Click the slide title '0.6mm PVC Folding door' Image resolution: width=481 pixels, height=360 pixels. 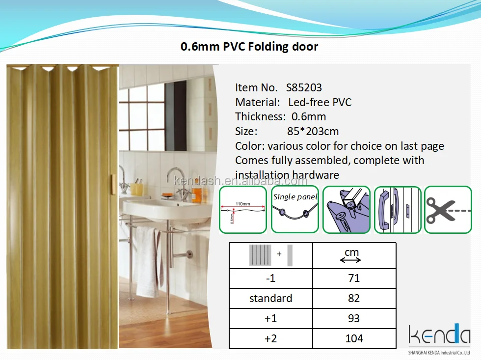click(249, 47)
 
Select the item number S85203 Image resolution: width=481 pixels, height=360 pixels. click(304, 88)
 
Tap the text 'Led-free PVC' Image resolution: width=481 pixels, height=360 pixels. click(320, 103)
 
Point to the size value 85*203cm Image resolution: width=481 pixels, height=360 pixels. click(313, 132)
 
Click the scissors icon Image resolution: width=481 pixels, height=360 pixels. click(447, 209)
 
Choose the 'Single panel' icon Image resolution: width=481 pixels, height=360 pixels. click(295, 209)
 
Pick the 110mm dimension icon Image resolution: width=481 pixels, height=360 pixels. click(242, 209)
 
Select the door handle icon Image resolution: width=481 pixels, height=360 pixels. click(398, 209)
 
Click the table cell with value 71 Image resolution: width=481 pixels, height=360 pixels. click(354, 278)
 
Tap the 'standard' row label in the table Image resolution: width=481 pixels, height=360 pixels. click(270, 299)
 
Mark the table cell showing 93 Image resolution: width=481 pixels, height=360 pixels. click(354, 319)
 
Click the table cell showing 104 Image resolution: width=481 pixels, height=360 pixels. click(354, 339)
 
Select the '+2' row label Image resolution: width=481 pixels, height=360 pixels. click(270, 339)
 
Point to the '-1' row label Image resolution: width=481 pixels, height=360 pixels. click(270, 278)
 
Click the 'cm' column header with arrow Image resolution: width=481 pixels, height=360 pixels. click(351, 255)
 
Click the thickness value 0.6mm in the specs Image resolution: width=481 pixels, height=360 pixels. click(309, 117)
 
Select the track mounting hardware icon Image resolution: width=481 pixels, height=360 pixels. click(346, 209)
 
